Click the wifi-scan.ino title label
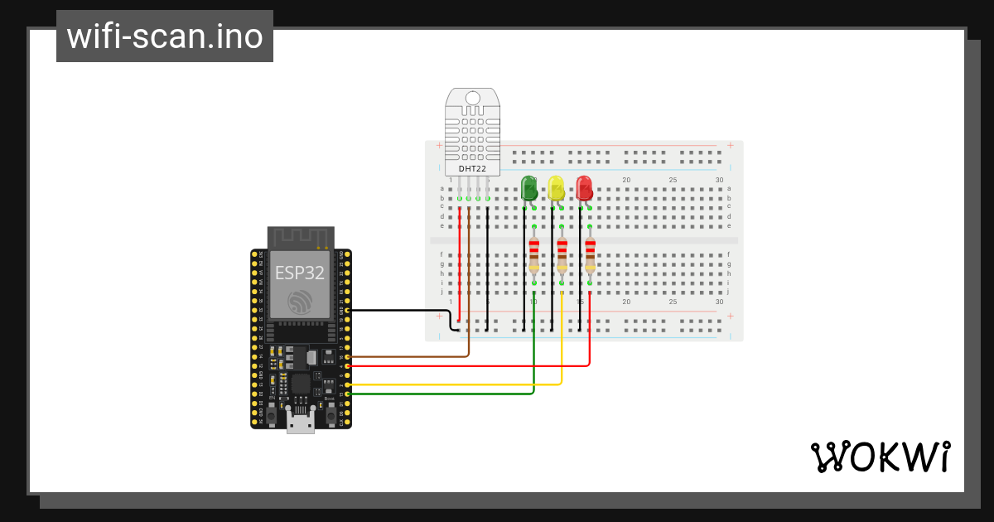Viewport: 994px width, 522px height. [165, 36]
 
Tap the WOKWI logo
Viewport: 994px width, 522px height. [880, 457]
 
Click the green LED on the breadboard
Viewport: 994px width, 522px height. [528, 188]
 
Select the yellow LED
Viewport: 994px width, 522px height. [556, 188]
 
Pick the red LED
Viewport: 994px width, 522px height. [584, 188]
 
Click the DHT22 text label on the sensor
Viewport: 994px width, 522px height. [472, 168]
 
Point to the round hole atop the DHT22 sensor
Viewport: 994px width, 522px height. [472, 99]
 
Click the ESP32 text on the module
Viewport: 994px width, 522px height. [300, 273]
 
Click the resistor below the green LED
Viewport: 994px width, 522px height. [534, 254]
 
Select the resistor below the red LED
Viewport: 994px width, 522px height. [590, 254]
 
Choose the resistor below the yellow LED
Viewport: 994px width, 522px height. [562, 254]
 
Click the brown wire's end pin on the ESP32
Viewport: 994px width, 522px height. [348, 357]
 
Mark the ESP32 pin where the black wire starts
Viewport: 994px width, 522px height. [348, 310]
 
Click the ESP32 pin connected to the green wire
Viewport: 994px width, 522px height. [348, 394]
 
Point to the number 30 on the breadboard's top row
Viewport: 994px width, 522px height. [719, 180]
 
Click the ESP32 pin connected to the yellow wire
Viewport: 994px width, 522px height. [348, 385]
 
